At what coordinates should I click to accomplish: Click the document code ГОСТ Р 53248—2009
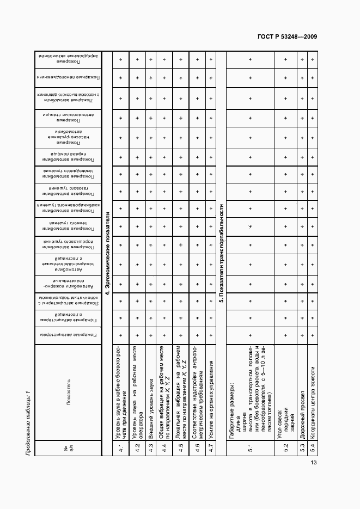point(286,37)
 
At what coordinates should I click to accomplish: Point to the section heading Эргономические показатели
point(107,254)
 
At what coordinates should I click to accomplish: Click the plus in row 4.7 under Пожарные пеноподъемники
point(211,79)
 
